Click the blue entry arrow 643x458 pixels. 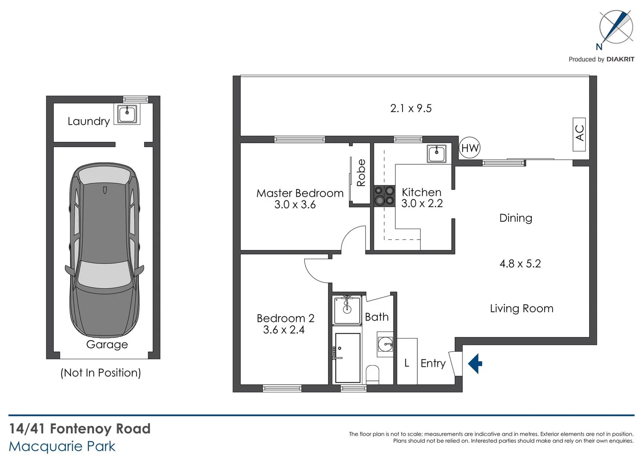tap(475, 363)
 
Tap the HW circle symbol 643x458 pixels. tap(470, 148)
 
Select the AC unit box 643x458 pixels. tap(579, 134)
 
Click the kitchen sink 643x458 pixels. tap(436, 153)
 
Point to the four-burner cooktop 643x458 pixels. tap(384, 196)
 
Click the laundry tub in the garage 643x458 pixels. tap(127, 114)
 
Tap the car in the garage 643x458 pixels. tap(104, 250)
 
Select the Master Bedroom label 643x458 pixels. tap(300, 193)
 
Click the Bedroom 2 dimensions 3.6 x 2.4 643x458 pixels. tap(284, 330)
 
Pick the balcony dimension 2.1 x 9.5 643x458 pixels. tap(411, 109)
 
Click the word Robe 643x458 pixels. tap(361, 173)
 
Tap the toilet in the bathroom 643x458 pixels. tap(372, 374)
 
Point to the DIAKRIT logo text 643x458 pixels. tap(620, 59)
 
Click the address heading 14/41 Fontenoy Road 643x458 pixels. tap(80, 429)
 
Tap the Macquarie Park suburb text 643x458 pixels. tap(62, 447)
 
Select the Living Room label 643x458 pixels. tap(521, 308)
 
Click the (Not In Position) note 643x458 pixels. tap(101, 373)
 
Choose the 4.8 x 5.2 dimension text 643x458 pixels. tap(520, 264)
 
